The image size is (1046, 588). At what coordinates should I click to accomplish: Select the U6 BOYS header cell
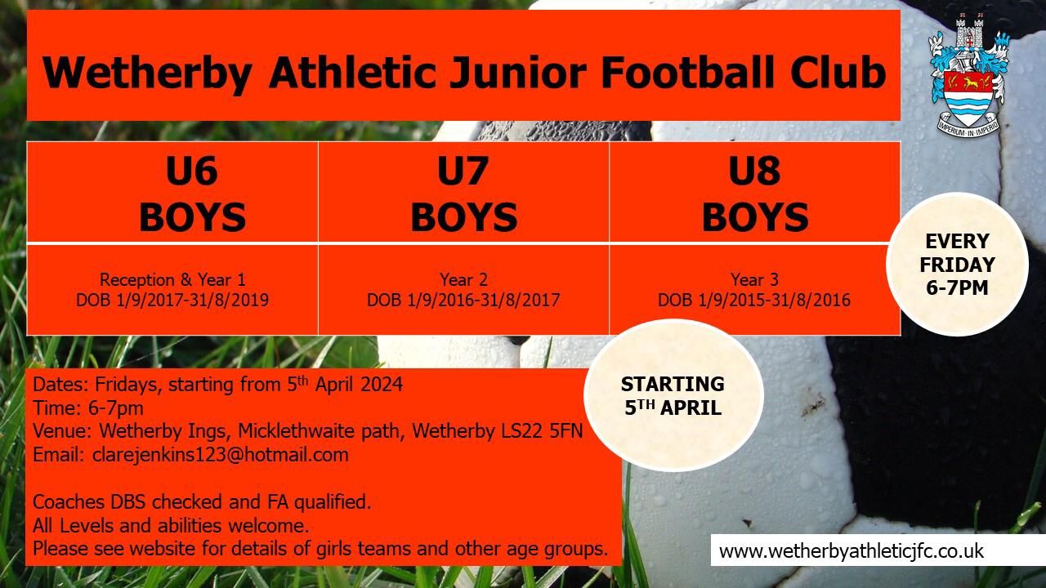192,194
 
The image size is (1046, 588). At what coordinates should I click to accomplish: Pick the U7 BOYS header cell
463,194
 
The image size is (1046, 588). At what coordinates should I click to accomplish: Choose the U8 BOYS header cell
755,194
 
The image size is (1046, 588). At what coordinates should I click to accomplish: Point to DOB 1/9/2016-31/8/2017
463,301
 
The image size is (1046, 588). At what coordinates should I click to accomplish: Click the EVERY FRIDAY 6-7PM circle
957,265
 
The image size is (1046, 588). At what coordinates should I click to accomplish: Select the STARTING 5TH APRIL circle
673,395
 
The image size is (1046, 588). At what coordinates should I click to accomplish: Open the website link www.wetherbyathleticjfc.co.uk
852,550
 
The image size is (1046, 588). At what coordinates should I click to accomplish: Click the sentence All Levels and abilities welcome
171,524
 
